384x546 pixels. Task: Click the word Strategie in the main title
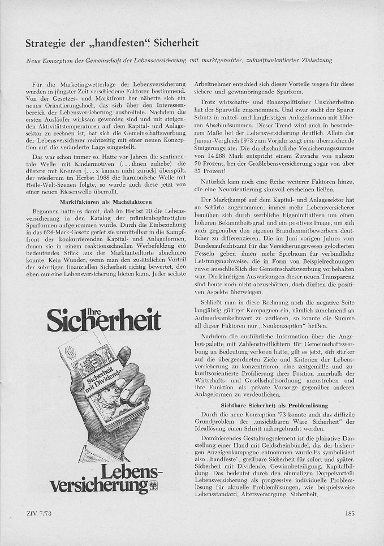coord(47,44)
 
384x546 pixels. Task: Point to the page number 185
coord(348,514)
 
